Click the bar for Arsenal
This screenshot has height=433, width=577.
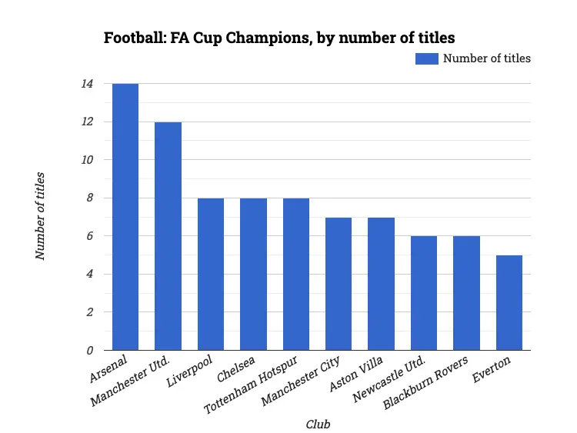[125, 217]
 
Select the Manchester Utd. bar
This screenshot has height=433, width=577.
[168, 236]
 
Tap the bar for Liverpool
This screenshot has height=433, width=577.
[211, 275]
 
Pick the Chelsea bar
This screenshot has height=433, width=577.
[253, 275]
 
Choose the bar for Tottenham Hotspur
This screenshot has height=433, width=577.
[296, 275]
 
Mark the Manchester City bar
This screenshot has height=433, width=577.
[339, 284]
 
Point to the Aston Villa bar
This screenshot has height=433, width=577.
[381, 284]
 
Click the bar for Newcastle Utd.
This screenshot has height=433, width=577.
[424, 293]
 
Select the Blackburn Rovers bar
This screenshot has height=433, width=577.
[466, 293]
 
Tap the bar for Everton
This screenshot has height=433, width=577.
[509, 303]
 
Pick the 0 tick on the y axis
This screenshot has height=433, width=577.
[89, 351]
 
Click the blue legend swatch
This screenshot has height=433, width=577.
[426, 58]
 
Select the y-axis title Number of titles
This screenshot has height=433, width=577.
[41, 217]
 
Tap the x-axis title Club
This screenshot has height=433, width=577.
[319, 424]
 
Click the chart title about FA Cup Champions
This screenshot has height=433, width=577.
[278, 38]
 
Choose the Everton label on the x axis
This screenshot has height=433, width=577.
[505, 365]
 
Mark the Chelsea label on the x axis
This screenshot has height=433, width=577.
[236, 368]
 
